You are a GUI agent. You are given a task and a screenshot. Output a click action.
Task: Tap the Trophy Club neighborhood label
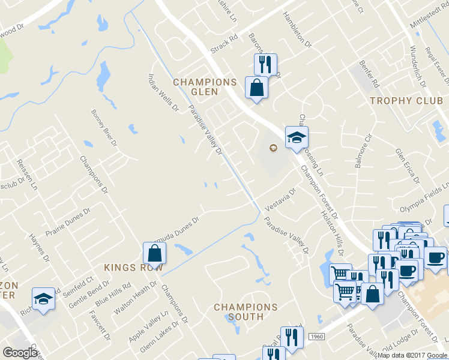(x=406, y=101)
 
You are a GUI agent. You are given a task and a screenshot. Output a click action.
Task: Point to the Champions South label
(x=246, y=311)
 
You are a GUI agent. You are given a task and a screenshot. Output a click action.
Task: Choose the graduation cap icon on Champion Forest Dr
(x=296, y=138)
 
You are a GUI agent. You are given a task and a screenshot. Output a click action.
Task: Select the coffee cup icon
(x=435, y=257)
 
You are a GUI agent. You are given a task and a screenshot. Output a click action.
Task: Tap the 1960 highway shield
(x=318, y=338)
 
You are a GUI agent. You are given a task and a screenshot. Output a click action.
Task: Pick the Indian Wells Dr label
(x=164, y=92)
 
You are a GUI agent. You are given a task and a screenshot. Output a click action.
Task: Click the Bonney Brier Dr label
(x=103, y=128)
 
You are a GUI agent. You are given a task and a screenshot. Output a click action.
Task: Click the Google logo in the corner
(x=20, y=353)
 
